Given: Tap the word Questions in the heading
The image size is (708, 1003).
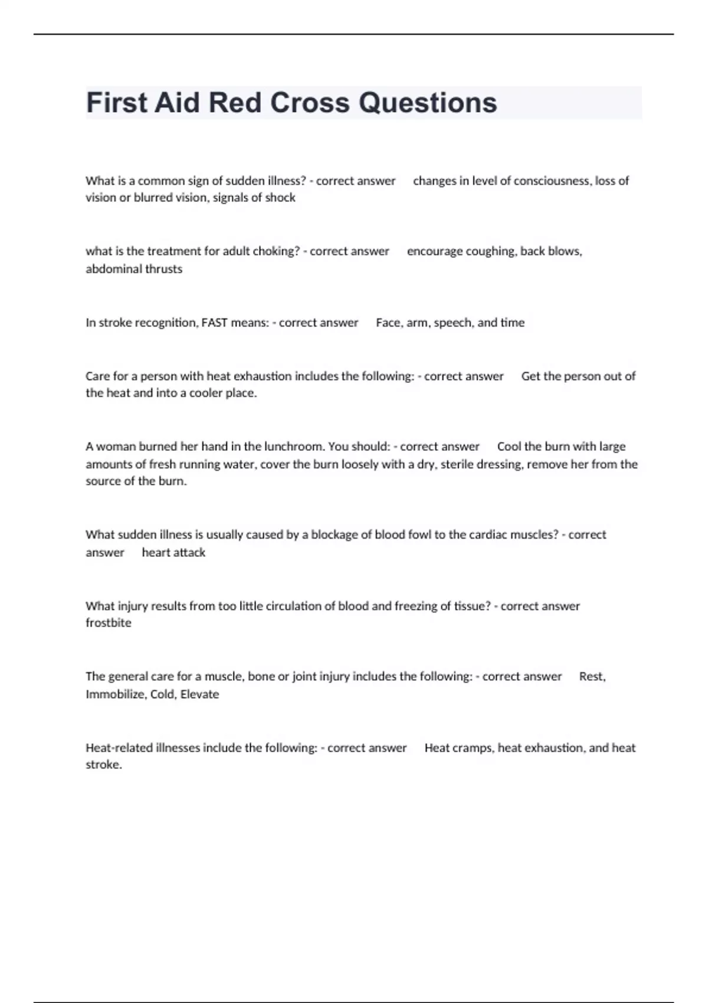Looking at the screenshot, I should (428, 103).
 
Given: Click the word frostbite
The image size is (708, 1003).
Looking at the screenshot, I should (109, 623).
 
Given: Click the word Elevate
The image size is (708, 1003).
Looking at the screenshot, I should (199, 694).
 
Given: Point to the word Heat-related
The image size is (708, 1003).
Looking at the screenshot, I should (119, 748).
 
